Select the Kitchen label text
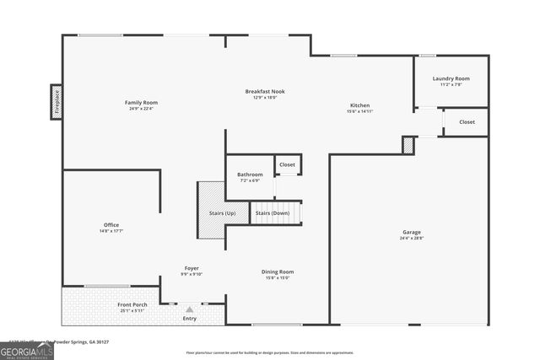click(x=359, y=105)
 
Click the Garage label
click(x=411, y=232)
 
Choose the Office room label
click(x=111, y=224)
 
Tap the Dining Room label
click(x=278, y=271)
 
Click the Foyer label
click(x=192, y=267)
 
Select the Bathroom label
click(x=250, y=175)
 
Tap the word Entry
click(x=190, y=319)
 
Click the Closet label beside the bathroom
click(x=288, y=164)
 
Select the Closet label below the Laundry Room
click(x=467, y=122)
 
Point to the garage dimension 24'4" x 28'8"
click(x=411, y=238)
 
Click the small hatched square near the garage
click(x=408, y=146)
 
